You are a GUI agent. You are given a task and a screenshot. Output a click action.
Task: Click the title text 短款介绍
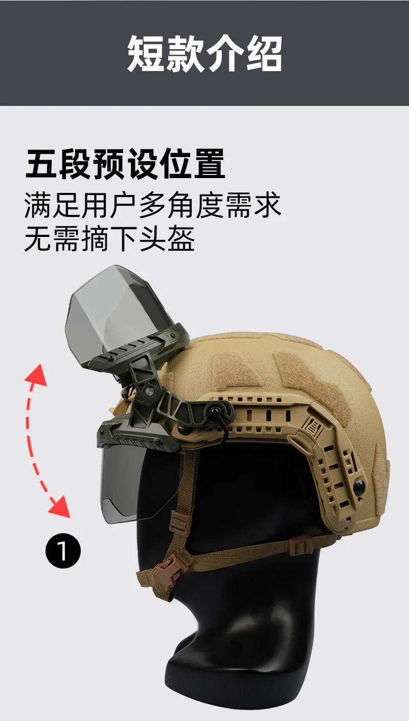pos(204,54)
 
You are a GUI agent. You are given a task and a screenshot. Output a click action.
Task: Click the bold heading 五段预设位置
pos(125,164)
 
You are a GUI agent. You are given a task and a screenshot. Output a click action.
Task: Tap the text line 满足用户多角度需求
pos(153,205)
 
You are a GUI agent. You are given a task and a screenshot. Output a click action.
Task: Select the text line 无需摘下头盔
pos(109,238)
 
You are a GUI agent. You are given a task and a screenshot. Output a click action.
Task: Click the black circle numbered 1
pos(63,551)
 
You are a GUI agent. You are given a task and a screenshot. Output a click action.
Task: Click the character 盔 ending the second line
pos(181,238)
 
